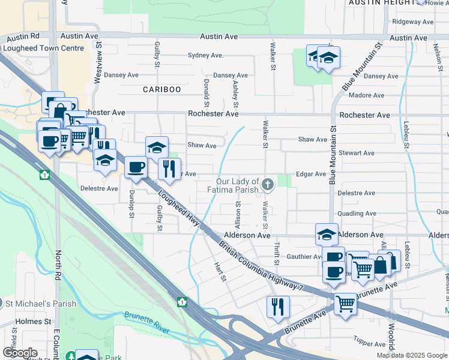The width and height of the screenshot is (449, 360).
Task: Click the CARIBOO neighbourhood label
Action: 161,89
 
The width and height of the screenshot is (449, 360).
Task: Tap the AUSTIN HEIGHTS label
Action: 382,3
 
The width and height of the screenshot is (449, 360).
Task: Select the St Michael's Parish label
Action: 40,304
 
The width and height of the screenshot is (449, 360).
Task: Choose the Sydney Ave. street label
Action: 205,56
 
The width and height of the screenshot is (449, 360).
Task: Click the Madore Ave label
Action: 366,96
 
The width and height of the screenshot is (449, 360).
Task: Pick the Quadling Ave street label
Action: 357,214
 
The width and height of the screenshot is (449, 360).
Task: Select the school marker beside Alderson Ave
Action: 327,234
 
